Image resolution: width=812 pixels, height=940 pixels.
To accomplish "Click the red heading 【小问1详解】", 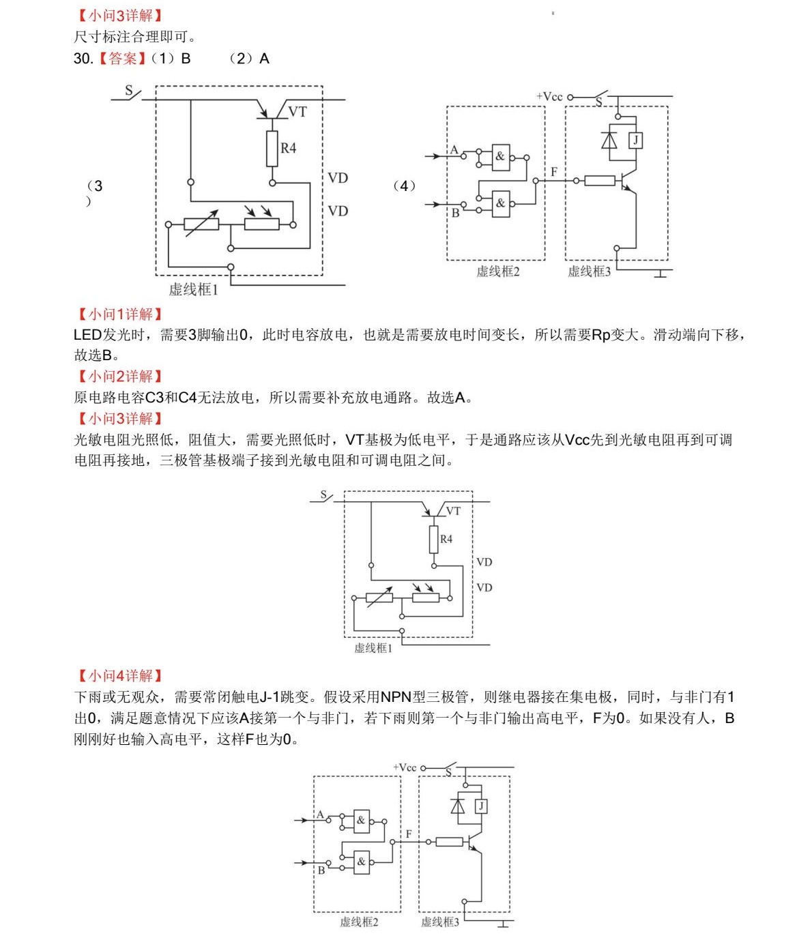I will [x=119, y=314].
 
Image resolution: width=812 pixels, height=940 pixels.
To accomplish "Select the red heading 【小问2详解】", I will [x=119, y=376].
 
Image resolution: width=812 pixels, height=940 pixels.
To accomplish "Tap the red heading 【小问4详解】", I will [x=119, y=675].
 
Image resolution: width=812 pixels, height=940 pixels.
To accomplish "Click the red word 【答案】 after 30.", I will [x=122, y=59].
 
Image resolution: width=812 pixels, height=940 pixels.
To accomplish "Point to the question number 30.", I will [x=83, y=59].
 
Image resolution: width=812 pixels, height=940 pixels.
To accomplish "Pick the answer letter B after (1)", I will [x=186, y=59].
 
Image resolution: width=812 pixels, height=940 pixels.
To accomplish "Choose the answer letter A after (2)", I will [x=265, y=59].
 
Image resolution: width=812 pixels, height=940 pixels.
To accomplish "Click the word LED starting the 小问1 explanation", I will [x=87, y=335].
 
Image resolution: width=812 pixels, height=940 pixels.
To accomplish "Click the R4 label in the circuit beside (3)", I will [x=289, y=148].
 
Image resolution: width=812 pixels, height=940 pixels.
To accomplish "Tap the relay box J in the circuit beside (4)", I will [x=635, y=141].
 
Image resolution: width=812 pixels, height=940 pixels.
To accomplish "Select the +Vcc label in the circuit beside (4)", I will [x=549, y=97].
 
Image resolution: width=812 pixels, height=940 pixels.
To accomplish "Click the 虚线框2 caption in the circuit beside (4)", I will [x=497, y=271].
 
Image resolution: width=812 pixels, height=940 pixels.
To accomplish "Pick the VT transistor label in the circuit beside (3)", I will [x=298, y=111].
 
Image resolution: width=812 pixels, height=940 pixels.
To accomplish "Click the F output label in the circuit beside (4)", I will [x=554, y=172].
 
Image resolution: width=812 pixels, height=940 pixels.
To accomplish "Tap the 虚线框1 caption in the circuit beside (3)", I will [x=193, y=290].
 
